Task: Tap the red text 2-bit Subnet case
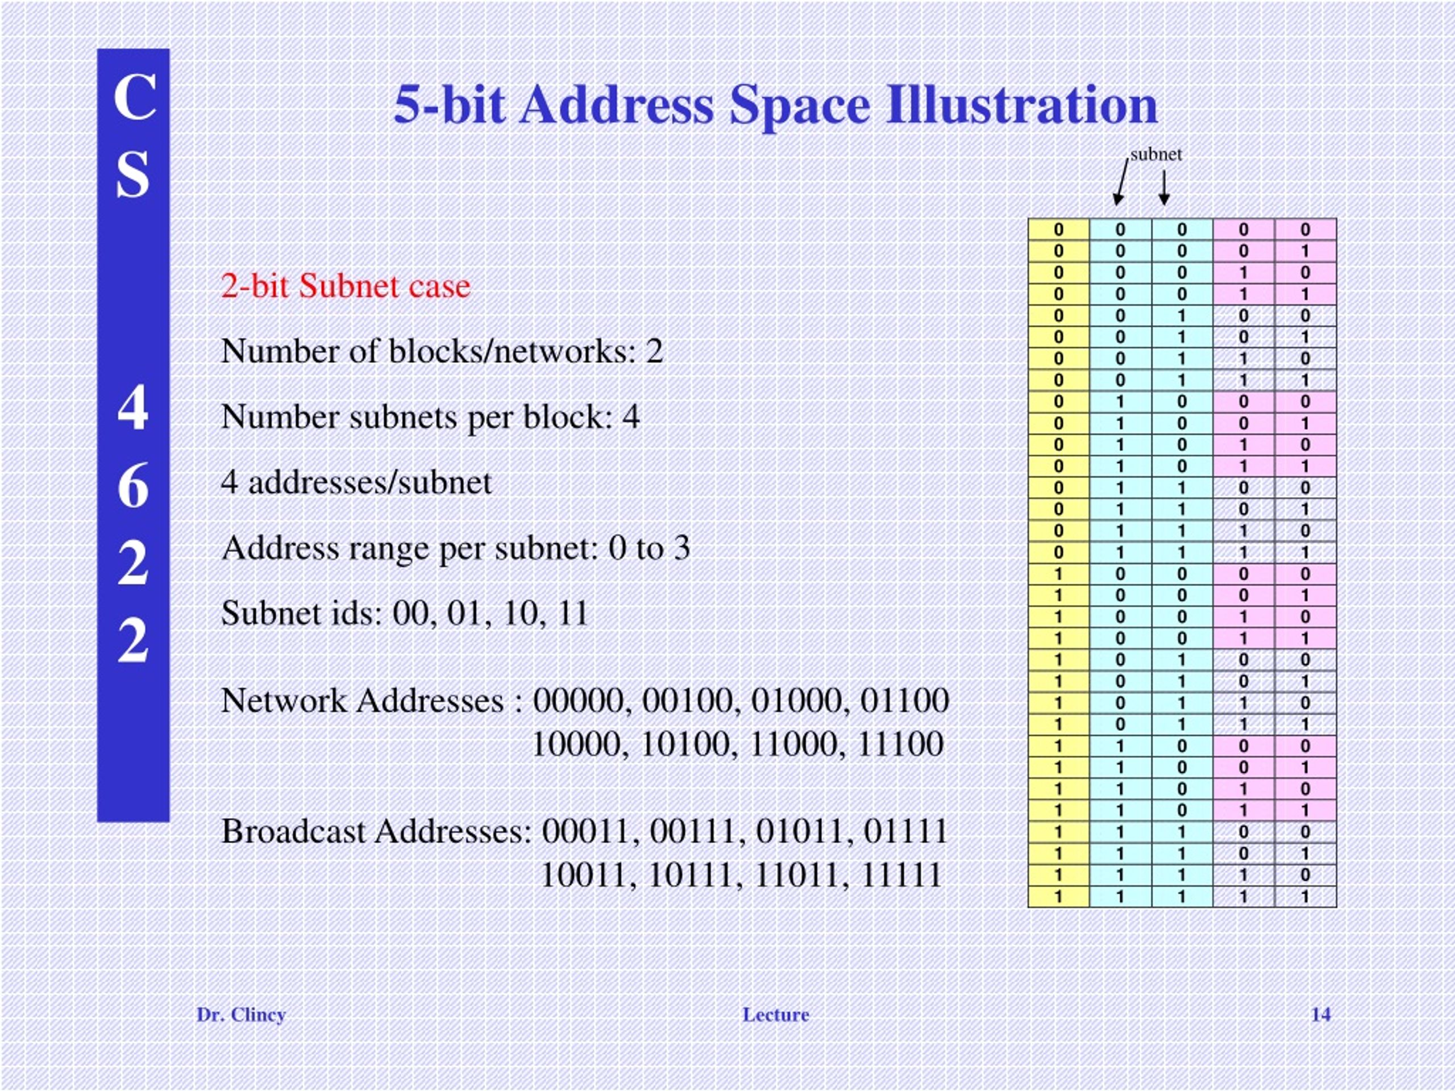point(346,286)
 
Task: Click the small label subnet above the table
point(1155,155)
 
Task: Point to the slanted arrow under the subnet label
point(1121,184)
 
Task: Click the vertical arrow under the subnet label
point(1164,188)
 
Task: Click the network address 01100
point(904,701)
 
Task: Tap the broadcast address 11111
point(901,875)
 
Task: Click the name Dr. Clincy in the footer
point(241,1015)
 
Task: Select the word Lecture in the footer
point(775,1015)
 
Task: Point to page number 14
point(1321,1015)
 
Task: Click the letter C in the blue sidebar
point(134,97)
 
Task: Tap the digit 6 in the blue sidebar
point(133,486)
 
